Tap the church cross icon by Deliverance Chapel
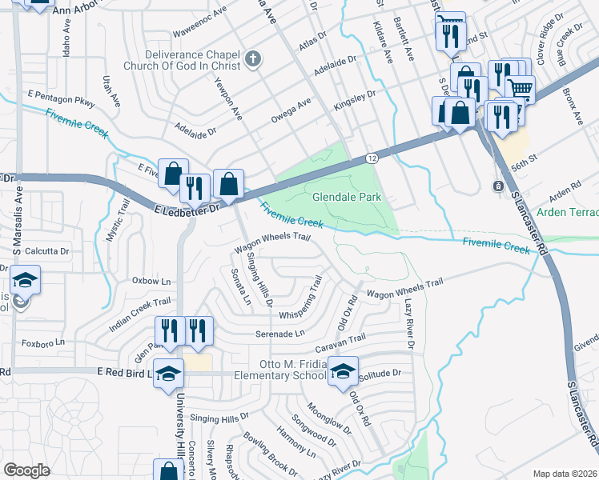point(253,58)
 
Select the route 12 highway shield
point(372,158)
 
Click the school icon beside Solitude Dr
point(343,373)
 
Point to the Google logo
point(26,470)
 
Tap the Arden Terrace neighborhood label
point(567,212)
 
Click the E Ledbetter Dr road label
point(186,208)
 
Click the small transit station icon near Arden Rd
point(498,186)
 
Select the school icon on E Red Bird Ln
point(168,374)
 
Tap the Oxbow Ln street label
point(152,282)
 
